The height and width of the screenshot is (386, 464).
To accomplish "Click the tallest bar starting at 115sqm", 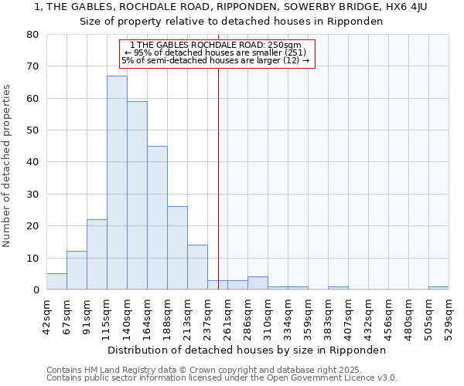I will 117,183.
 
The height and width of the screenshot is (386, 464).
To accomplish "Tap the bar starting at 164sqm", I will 157,218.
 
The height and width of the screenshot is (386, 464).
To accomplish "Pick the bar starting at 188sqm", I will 177,248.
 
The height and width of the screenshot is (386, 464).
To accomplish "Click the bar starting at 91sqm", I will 97,255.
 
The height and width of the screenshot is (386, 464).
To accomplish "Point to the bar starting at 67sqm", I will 77,270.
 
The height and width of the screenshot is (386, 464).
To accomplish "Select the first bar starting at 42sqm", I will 56,282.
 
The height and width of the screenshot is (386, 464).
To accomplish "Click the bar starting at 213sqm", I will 197,267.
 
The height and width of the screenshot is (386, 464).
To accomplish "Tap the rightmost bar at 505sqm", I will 438,288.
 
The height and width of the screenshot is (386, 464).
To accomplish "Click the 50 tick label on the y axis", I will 32,130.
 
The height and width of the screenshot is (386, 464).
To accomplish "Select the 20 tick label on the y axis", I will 32,226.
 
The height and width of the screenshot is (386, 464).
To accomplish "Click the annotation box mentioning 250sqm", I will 218,53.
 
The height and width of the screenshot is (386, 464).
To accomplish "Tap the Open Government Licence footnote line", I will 222,378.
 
